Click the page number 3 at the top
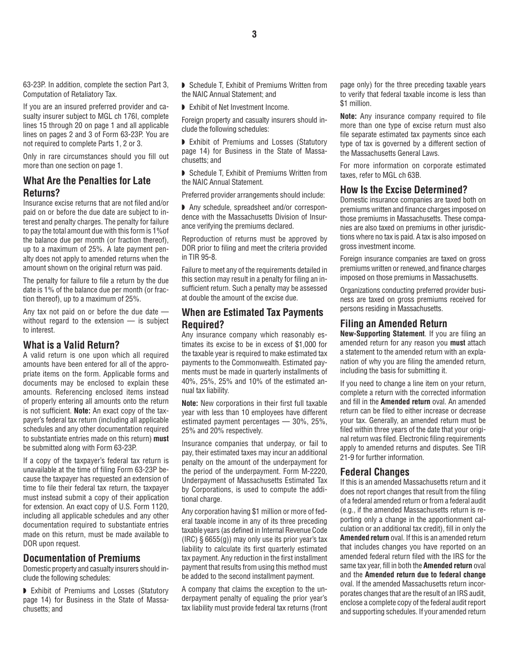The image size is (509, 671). (254, 35)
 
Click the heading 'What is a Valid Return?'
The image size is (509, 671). (71, 345)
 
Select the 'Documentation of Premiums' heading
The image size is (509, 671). (81, 558)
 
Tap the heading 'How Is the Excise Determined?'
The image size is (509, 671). (403, 190)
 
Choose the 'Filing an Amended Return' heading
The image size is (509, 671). (393, 323)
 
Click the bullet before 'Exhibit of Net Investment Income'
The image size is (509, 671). (184, 107)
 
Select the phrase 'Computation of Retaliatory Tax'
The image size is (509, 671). (70, 94)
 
